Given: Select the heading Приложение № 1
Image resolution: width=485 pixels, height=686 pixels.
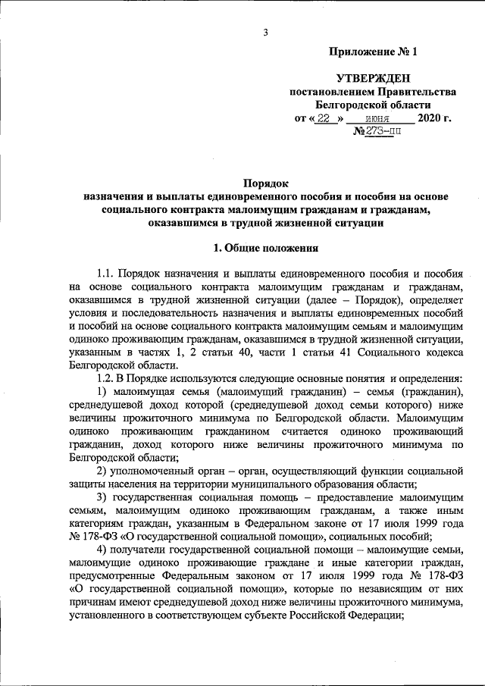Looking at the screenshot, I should pyautogui.click(x=373, y=52).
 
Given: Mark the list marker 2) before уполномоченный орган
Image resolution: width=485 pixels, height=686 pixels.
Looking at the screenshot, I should pyautogui.click(x=103, y=472).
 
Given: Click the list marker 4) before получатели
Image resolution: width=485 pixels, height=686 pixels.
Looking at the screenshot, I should pyautogui.click(x=103, y=549).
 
